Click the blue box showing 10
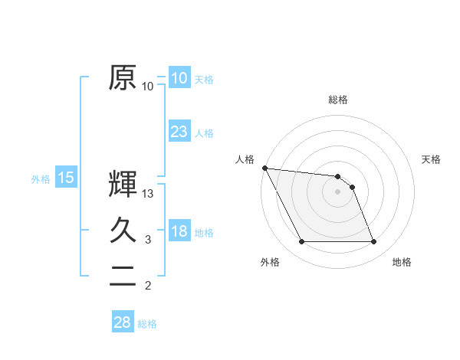tap(179, 78)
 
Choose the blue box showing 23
tap(179, 132)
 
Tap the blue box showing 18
tap(179, 232)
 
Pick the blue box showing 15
tap(66, 178)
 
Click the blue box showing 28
tap(122, 322)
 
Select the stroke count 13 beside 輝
tap(148, 195)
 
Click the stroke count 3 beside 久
tap(148, 240)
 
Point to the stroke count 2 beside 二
tap(148, 286)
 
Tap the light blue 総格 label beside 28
tap(147, 324)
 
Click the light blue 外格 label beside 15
tap(41, 179)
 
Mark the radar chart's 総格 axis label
tap(338, 100)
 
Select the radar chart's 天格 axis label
tap(431, 159)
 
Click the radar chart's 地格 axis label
tap(402, 262)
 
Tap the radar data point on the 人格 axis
tap(264, 168)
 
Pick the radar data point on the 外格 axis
tap(301, 242)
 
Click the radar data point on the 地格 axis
tap(374, 242)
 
